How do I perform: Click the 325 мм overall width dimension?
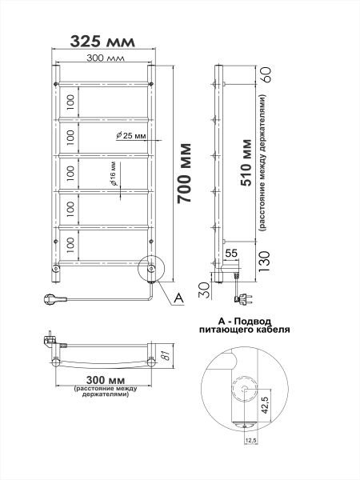[x=102, y=42]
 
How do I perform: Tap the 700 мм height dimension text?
[x=185, y=173]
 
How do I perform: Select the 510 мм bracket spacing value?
[x=246, y=163]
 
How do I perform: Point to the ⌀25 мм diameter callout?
[x=131, y=135]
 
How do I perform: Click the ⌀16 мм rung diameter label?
[x=114, y=174]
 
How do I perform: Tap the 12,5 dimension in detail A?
[x=250, y=440]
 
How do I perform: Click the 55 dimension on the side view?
[x=231, y=253]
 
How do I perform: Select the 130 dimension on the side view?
[x=265, y=262]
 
